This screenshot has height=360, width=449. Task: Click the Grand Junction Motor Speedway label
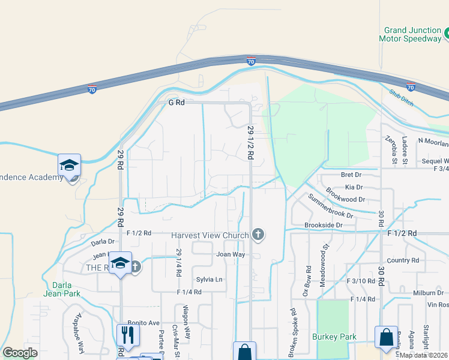(413, 34)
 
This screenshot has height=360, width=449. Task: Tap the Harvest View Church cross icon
(258, 235)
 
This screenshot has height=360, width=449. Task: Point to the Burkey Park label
(331, 337)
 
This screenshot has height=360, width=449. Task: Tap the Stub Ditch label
(402, 97)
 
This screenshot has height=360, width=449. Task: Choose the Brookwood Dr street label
(346, 199)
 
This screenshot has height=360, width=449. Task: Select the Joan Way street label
(231, 254)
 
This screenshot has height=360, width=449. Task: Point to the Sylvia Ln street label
(209, 280)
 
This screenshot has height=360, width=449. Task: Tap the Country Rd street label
(403, 260)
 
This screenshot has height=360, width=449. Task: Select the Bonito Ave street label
(143, 322)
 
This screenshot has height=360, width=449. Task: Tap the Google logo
(20, 353)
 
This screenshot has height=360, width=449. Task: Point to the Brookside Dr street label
(323, 225)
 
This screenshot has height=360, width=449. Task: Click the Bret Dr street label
(351, 175)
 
